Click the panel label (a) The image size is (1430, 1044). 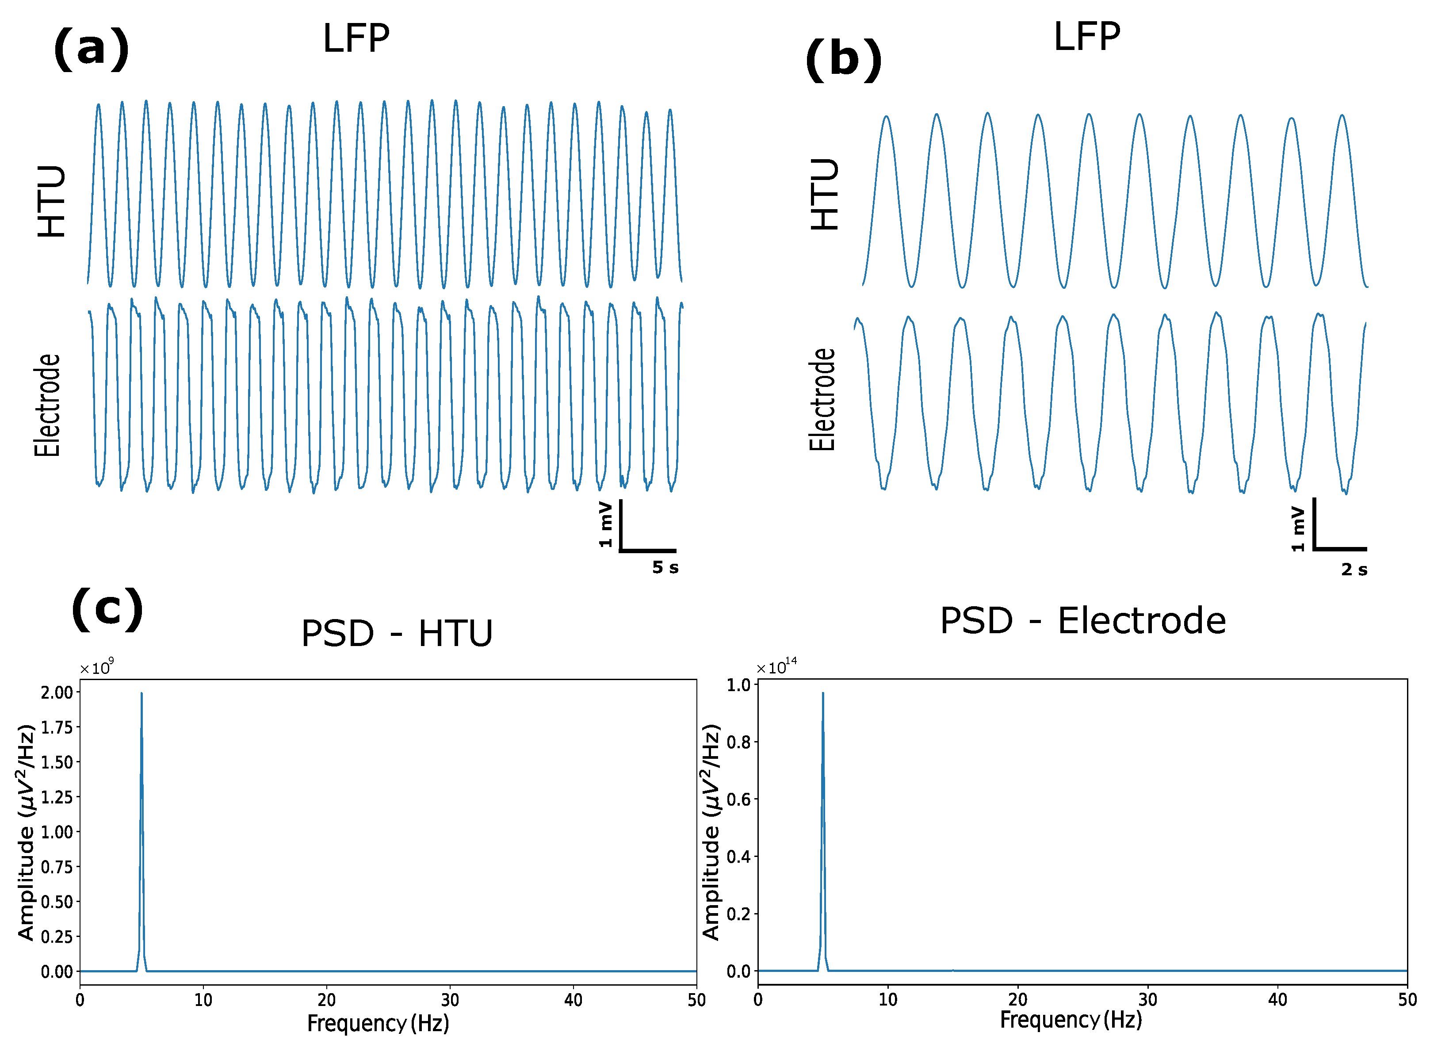92,49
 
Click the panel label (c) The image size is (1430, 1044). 107,609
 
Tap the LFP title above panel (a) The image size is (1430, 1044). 356,39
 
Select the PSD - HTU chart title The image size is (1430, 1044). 396,634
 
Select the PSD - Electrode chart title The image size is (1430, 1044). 1082,621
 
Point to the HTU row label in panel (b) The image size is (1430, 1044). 825,194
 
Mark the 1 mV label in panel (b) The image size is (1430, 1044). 1297,528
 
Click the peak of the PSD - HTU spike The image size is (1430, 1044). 141,694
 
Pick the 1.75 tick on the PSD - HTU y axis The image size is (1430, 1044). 57,727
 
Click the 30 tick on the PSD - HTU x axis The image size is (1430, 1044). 450,1000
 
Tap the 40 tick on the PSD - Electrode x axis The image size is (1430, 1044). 1277,1000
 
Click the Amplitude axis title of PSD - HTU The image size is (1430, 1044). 26,833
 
